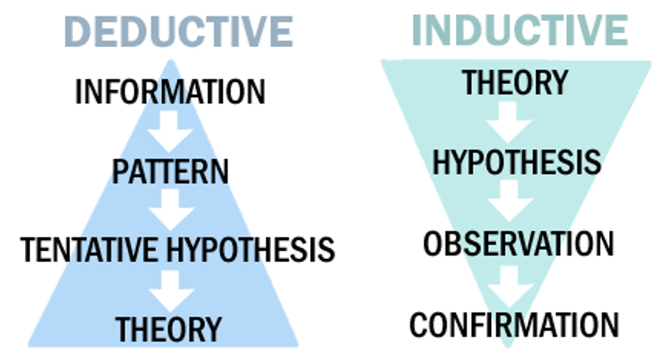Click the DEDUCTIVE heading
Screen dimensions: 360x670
[x=179, y=31]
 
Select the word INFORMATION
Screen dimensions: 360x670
[x=170, y=92]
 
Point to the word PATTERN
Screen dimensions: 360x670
[x=170, y=171]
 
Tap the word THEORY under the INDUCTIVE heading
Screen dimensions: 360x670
[x=515, y=82]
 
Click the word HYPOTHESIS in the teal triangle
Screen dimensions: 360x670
[x=516, y=163]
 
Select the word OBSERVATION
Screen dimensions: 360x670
[x=518, y=244]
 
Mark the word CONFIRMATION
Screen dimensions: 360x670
[x=514, y=325]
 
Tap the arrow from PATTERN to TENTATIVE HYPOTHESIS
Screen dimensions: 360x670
[x=170, y=211]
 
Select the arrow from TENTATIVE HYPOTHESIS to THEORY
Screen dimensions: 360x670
[x=170, y=290]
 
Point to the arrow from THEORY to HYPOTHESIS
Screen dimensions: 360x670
[x=515, y=122]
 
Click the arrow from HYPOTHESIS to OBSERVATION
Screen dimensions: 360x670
[x=515, y=202]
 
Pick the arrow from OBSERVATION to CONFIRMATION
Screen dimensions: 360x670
[x=515, y=284]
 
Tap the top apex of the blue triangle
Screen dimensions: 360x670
[x=170, y=60]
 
